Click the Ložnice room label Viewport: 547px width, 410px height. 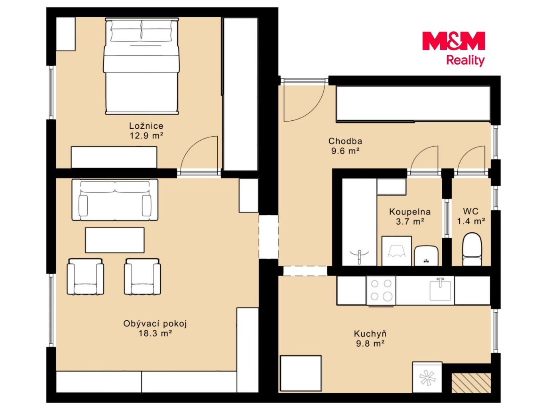146,126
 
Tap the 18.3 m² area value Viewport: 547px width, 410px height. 155,333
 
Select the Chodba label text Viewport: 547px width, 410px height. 345,141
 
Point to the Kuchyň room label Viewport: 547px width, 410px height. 370,333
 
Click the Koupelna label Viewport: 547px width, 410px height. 410,212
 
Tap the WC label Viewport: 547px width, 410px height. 471,211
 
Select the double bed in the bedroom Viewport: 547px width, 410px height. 142,66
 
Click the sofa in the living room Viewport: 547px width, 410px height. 115,200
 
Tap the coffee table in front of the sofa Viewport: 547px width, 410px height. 115,240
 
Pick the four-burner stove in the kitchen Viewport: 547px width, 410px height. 381,290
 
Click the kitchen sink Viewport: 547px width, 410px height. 440,290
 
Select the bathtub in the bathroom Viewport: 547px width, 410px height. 359,222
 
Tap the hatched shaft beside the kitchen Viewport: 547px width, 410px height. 471,383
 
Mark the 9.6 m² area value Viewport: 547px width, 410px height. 345,151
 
